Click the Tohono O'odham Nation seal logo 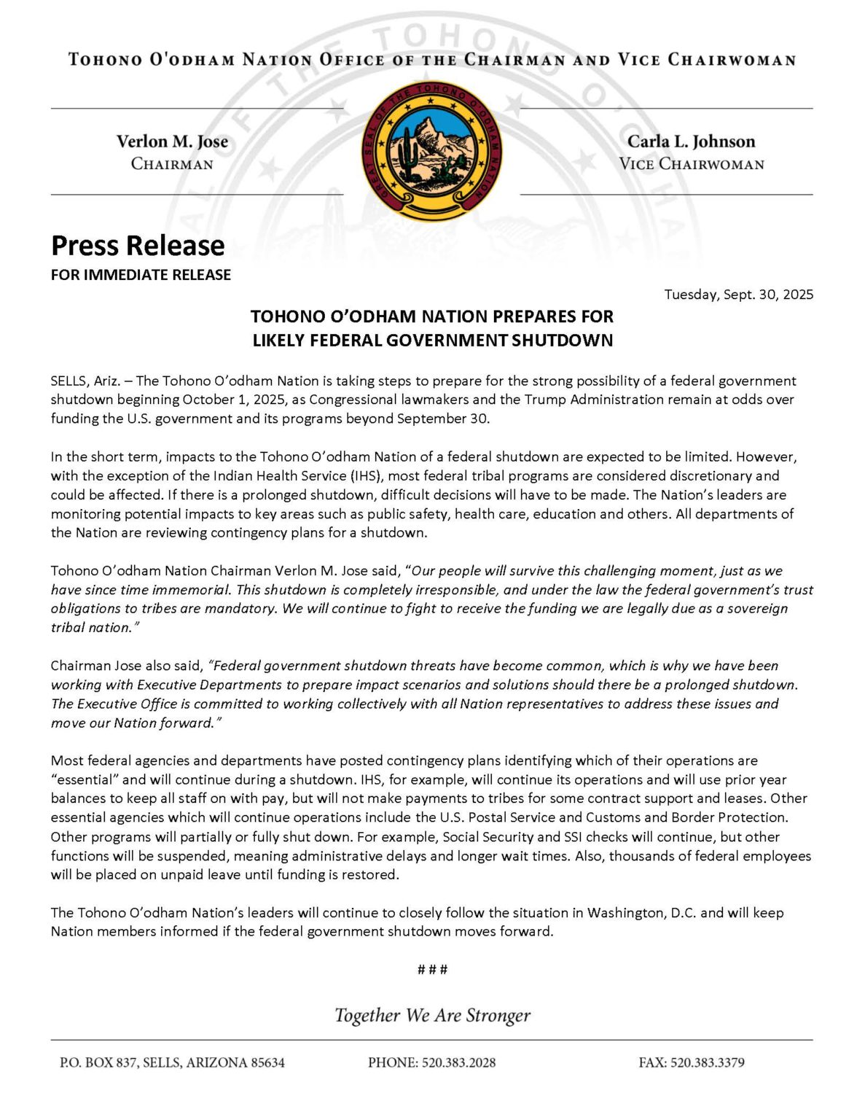[432, 152]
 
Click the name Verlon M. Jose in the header [172, 141]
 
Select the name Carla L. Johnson [691, 141]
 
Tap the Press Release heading [138, 246]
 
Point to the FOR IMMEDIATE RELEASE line [141, 275]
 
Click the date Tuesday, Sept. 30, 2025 [738, 295]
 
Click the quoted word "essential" [85, 779]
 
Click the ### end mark [432, 970]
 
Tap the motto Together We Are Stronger [432, 1016]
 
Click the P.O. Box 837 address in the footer [172, 1063]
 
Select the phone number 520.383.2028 [458, 1063]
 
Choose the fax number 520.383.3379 [707, 1063]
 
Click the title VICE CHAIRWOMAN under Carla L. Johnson [691, 164]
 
